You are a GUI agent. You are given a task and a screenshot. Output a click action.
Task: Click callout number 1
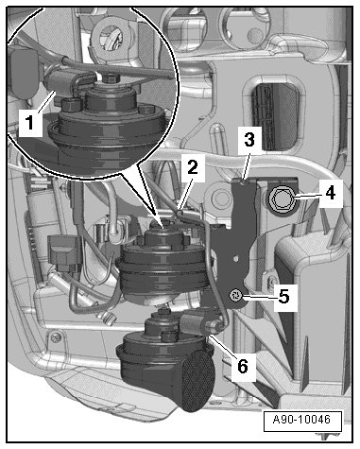coord(30,123)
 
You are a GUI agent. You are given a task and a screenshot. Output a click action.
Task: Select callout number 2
coord(193,166)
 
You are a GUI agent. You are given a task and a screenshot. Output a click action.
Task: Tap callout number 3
coord(249,140)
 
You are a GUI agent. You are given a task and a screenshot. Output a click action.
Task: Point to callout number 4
coord(330,193)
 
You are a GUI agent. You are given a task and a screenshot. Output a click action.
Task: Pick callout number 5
coord(283,297)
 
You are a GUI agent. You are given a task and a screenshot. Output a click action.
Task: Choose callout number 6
coord(243,367)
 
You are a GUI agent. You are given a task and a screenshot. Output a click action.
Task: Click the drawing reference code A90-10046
coord(301,420)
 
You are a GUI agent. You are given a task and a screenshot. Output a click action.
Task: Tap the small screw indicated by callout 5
coord(235,295)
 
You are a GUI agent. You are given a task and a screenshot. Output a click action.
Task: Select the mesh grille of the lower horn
coord(198,380)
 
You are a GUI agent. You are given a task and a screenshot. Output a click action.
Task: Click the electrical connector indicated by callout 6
coord(197,324)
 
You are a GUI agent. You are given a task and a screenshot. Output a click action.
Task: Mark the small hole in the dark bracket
coord(235,258)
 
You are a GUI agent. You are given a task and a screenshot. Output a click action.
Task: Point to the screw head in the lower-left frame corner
coord(57,337)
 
